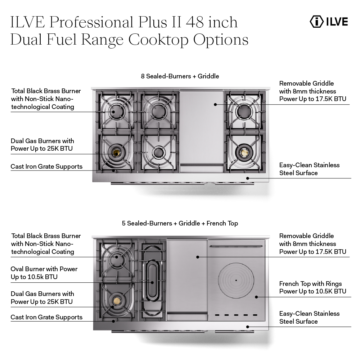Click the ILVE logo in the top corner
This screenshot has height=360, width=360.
click(x=329, y=22)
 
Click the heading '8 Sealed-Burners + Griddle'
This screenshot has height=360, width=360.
click(x=180, y=76)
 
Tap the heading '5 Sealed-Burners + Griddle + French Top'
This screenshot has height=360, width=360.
click(x=180, y=223)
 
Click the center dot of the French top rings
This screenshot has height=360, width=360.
click(x=236, y=280)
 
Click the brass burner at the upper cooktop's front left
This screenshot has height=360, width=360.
click(x=116, y=153)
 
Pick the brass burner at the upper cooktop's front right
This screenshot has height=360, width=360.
click(x=244, y=153)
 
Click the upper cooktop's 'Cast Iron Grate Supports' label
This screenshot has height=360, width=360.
click(x=46, y=167)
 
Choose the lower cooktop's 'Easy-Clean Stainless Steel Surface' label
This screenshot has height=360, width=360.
click(x=309, y=318)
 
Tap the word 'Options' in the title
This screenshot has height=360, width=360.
click(x=221, y=40)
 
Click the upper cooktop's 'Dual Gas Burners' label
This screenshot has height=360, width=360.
click(x=42, y=145)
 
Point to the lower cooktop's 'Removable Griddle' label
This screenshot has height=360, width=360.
click(x=312, y=243)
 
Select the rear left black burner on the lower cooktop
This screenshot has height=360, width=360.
click(x=116, y=258)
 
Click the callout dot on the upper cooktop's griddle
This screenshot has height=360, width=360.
click(x=215, y=104)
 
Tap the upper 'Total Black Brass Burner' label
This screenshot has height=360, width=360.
click(x=46, y=99)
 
